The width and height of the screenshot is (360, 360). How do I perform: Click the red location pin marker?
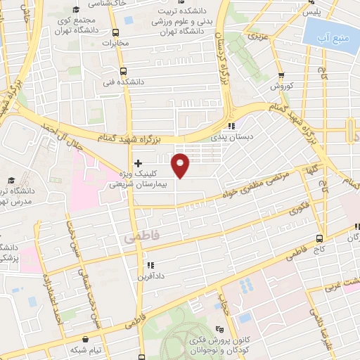click(181, 165)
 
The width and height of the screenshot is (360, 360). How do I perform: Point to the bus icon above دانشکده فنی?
click(124, 71)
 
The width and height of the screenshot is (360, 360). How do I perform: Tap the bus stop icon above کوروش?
click(281, 75)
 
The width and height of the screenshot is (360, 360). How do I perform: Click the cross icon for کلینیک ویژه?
click(138, 163)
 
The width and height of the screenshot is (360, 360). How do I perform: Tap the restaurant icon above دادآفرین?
click(150, 265)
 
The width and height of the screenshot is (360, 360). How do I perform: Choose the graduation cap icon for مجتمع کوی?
click(76, 11)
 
